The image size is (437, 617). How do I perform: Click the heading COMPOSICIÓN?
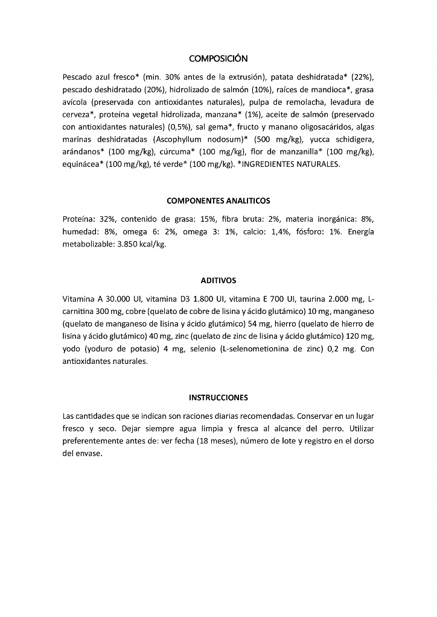pos(218,58)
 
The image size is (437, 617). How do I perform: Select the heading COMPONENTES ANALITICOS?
pos(218,200)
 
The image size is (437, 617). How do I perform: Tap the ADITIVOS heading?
pos(218,280)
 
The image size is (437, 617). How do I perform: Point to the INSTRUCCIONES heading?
pos(218,398)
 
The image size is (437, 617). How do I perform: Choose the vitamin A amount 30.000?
pos(120,299)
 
